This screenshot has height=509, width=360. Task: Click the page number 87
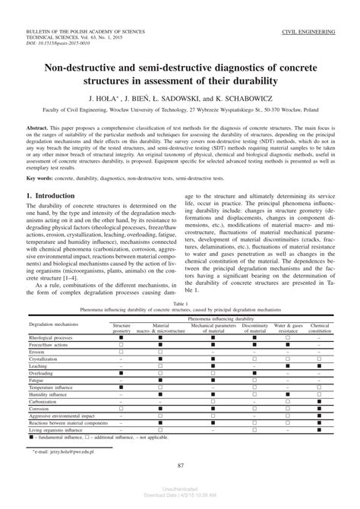180,466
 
